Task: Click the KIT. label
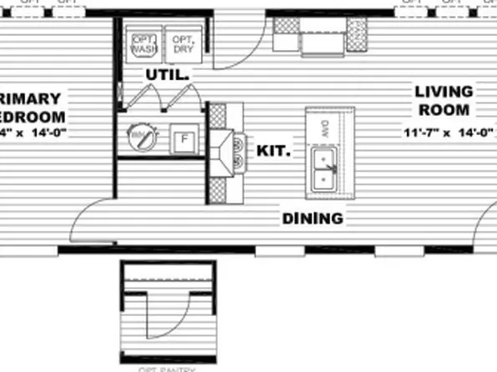274,152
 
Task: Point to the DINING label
312,219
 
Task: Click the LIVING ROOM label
443,100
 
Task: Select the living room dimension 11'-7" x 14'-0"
448,132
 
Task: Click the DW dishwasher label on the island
324,126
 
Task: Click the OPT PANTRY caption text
168,368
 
